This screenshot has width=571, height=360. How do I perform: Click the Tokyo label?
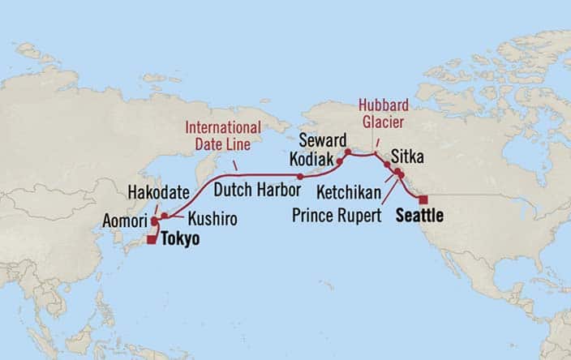coord(179,239)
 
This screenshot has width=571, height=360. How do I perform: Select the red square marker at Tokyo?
coord(152,239)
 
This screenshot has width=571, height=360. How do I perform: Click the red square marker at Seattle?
coord(423,199)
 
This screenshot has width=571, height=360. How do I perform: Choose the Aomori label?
coord(126,221)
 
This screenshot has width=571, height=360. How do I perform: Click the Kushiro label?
coord(207,220)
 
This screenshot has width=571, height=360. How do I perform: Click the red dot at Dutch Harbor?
coord(300,176)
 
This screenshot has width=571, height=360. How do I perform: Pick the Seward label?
coord(316,139)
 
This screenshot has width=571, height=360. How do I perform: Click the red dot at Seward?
coord(346,152)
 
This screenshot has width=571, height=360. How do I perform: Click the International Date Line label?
coord(223,135)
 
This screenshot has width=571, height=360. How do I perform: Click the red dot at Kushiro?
coord(165,216)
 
